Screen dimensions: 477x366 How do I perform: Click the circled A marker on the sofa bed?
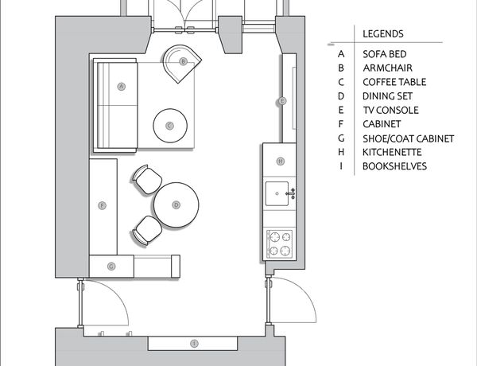(x=122, y=87)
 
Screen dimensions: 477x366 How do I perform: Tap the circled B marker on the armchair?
(x=183, y=61)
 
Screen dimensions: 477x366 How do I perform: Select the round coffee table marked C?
(x=170, y=126)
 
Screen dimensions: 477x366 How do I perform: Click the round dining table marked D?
(x=176, y=205)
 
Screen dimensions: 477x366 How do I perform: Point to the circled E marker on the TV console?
(x=282, y=101)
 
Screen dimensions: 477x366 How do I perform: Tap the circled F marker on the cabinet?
(x=103, y=205)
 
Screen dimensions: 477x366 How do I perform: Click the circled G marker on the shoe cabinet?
(x=111, y=267)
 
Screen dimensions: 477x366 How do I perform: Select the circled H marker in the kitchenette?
(x=281, y=161)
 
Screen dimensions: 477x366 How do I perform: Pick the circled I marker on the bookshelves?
(x=194, y=344)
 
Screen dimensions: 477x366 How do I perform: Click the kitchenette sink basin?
(x=277, y=193)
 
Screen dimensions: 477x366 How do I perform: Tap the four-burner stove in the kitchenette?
(x=280, y=243)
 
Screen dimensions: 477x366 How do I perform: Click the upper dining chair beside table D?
(x=148, y=179)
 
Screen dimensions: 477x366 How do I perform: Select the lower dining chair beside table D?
(x=148, y=230)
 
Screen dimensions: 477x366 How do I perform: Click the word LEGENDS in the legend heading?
(x=383, y=33)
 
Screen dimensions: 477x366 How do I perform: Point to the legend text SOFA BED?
(x=385, y=54)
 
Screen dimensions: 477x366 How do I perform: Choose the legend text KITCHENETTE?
(x=392, y=152)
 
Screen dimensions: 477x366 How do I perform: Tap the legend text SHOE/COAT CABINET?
(x=409, y=139)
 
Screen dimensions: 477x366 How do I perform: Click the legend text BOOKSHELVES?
(x=394, y=166)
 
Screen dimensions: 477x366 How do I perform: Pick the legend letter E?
(x=341, y=110)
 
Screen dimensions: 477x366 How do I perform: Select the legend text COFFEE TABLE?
(x=394, y=82)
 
